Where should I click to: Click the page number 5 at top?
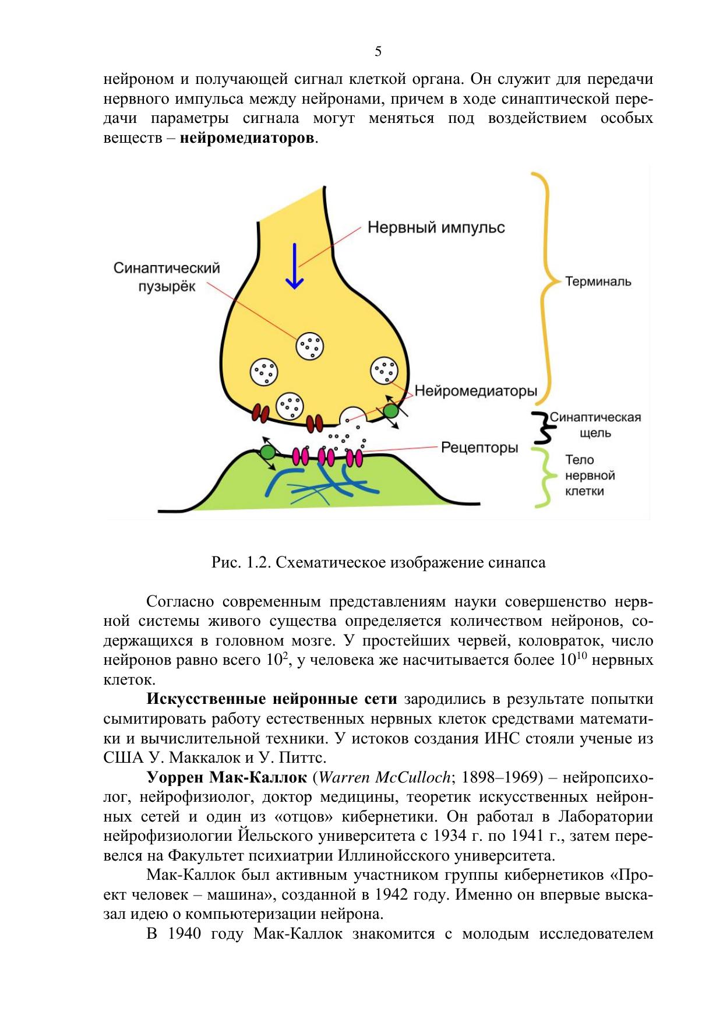coord(378,52)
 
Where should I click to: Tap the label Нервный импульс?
coord(436,227)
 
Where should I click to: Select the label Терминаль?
coord(598,281)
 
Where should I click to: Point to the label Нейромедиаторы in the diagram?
coord(476,390)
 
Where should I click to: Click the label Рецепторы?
coord(479,447)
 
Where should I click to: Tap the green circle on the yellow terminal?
coord(390,411)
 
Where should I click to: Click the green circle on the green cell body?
coord(267,452)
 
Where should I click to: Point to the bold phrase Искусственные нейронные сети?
coord(272,699)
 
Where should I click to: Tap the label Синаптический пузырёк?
coord(167,277)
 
